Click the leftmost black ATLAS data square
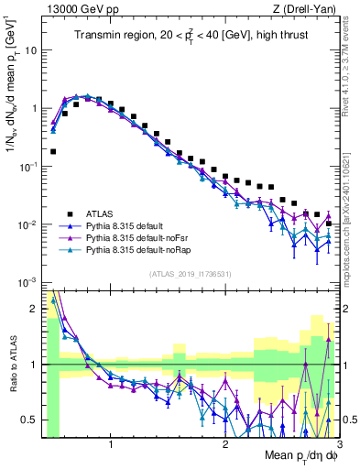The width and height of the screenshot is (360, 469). click(x=52, y=151)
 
